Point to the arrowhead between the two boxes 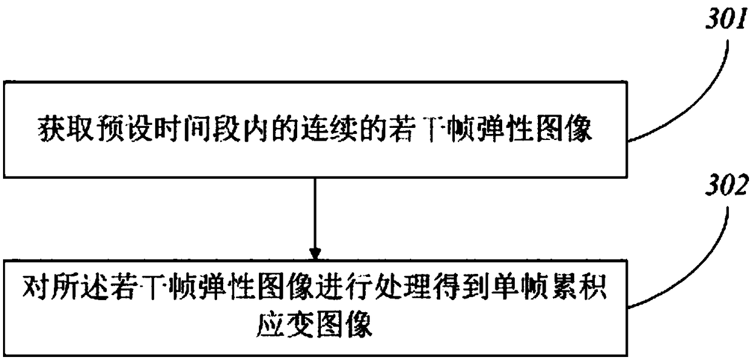[x=314, y=251]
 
